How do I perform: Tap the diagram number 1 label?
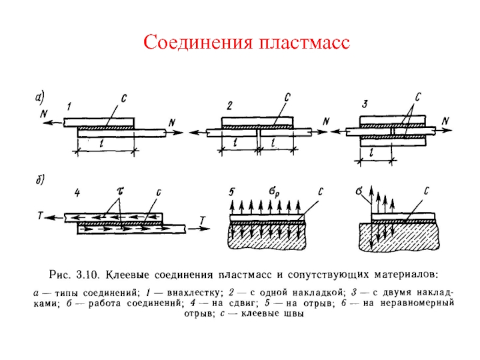pyautogui.click(x=70, y=107)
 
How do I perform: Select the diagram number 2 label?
pyautogui.click(x=229, y=106)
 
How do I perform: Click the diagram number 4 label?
pyautogui.click(x=77, y=193)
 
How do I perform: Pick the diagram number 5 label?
pyautogui.click(x=232, y=192)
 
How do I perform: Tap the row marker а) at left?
pyautogui.click(x=38, y=97)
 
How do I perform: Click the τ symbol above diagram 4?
pyautogui.click(x=118, y=190)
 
